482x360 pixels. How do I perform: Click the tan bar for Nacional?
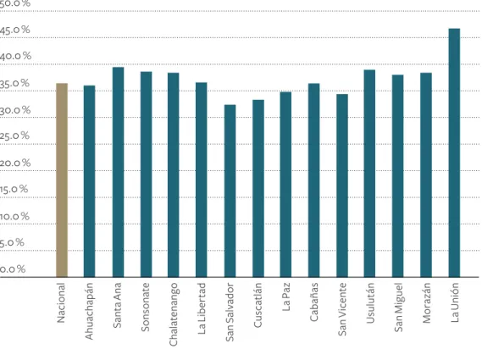(62, 180)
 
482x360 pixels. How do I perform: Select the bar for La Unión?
(454, 152)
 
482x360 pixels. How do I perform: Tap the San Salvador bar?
(230, 191)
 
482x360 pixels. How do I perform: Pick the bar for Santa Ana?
(118, 172)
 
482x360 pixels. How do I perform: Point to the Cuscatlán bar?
(258, 188)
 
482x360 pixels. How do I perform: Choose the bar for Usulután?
(369, 174)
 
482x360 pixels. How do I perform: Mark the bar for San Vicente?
(342, 186)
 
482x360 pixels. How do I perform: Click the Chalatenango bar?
(174, 175)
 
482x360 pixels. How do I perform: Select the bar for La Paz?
(285, 185)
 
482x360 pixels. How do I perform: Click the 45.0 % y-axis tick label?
(14, 30)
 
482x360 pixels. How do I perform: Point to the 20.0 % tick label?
(15, 163)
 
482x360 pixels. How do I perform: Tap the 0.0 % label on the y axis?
(13, 269)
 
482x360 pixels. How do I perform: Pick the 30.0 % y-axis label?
(15, 110)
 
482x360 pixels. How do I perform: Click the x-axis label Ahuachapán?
(89, 311)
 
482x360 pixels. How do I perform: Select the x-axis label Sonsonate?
(145, 307)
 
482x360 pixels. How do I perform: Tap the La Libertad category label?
(202, 308)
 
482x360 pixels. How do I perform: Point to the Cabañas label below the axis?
(313, 302)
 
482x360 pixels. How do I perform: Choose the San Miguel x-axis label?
(398, 307)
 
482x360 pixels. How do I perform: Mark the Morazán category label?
(426, 303)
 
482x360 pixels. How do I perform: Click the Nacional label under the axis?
(61, 302)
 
